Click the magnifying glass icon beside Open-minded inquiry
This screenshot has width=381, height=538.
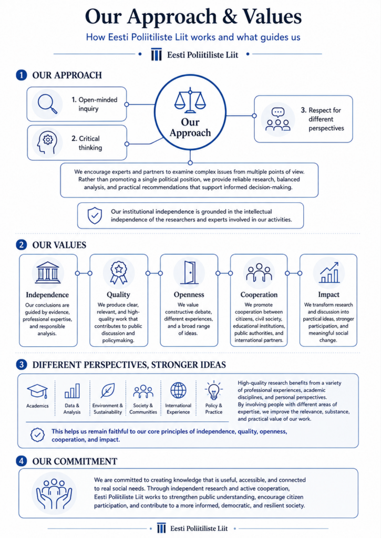pyautogui.click(x=47, y=104)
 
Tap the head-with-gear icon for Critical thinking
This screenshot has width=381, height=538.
pyautogui.click(x=47, y=143)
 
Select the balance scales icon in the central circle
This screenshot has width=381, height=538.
pyautogui.click(x=190, y=100)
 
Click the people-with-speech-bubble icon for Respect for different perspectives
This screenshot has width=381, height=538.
pyautogui.click(x=278, y=119)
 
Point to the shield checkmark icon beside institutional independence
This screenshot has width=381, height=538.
pyautogui.click(x=95, y=215)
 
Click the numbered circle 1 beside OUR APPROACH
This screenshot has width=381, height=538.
pyautogui.click(x=21, y=75)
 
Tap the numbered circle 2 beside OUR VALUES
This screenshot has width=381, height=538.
pyautogui.click(x=21, y=245)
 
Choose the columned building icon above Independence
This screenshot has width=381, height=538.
pyautogui.click(x=48, y=273)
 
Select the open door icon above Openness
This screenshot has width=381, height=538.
pyautogui.click(x=190, y=273)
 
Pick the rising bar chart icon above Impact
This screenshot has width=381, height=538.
pyautogui.click(x=329, y=273)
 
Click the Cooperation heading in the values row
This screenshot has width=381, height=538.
pyautogui.click(x=259, y=295)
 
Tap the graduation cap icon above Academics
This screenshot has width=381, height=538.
pyautogui.click(x=37, y=391)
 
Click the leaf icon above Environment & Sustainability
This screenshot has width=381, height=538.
pyautogui.click(x=108, y=390)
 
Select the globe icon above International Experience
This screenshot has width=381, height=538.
pyautogui.click(x=179, y=390)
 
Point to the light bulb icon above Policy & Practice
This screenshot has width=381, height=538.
pyautogui.click(x=214, y=390)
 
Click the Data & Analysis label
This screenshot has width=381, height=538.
pyautogui.click(x=72, y=409)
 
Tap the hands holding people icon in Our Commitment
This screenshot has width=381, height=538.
pyautogui.click(x=54, y=493)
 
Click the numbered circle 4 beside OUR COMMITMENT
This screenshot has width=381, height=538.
pyautogui.click(x=21, y=461)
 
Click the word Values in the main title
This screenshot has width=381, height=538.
pyautogui.click(x=272, y=16)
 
